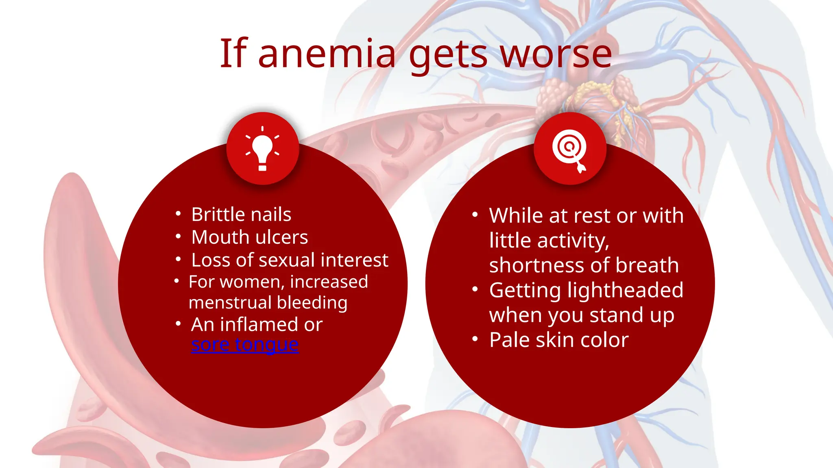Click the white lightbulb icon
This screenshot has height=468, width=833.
262,149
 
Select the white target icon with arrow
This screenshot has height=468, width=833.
570,149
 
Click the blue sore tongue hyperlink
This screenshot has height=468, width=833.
245,344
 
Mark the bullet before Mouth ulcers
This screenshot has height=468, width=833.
178,236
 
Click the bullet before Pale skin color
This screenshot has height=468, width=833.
475,339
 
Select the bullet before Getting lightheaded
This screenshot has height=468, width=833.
475,289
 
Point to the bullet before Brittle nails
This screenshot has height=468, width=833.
178,213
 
